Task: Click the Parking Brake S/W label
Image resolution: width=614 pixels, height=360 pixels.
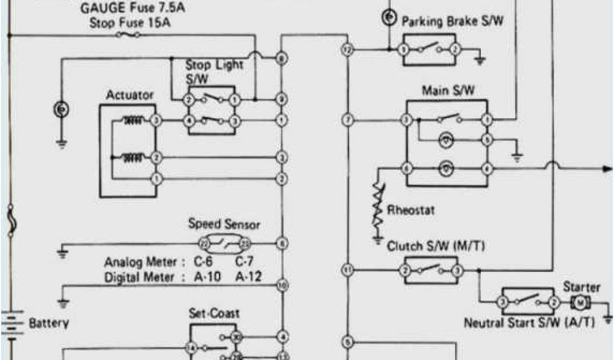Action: coord(452,22)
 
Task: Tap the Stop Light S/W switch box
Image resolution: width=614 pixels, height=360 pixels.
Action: coord(211,110)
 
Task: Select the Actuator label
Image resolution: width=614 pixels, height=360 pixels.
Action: coord(130,95)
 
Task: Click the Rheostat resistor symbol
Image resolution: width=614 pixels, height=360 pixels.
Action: coord(378,207)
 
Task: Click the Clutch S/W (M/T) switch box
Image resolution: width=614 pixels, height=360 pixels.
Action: coord(431,270)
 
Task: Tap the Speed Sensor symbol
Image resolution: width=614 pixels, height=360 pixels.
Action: coord(224,244)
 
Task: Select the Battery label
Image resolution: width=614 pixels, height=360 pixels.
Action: coord(49,323)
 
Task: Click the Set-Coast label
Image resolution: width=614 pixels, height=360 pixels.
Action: coord(214,313)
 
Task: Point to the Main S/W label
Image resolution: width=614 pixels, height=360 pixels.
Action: coord(448,91)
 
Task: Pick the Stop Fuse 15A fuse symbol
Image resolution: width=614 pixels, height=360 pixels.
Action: coord(128,35)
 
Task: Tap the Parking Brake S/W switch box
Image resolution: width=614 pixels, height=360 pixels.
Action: coord(430,49)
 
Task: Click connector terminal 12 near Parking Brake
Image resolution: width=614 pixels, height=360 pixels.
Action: coord(347,49)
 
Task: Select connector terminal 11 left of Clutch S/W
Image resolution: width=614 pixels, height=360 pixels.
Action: coord(347,269)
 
